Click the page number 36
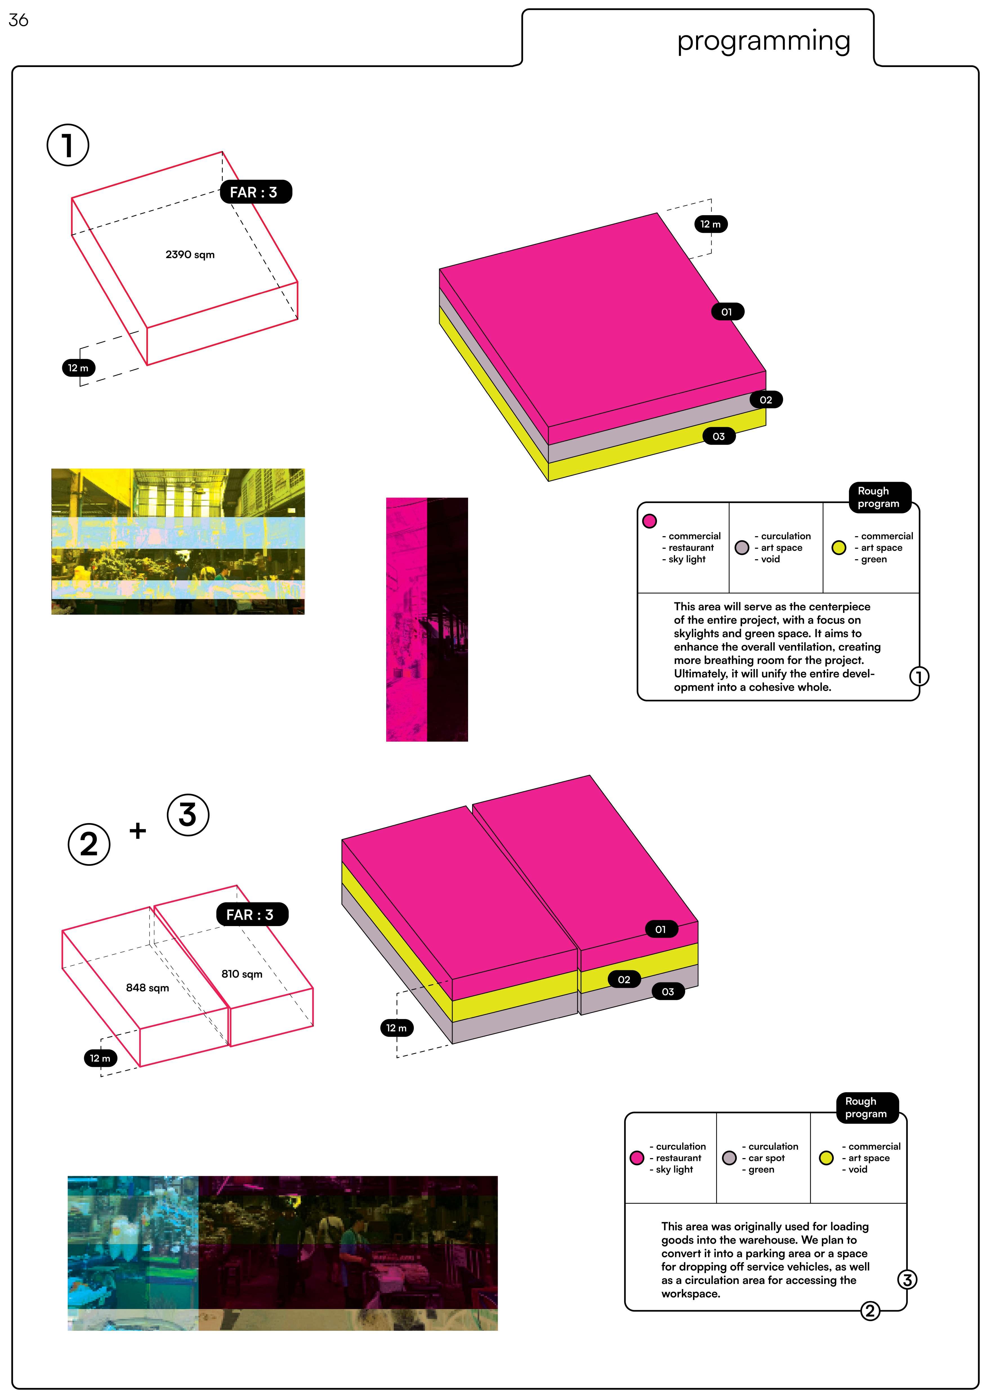[x=18, y=20]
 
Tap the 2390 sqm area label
[x=190, y=255]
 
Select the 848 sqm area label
[x=147, y=988]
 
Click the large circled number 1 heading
[x=68, y=145]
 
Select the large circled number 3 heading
[x=187, y=815]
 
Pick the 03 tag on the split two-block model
[x=668, y=992]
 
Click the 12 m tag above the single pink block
[x=710, y=224]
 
